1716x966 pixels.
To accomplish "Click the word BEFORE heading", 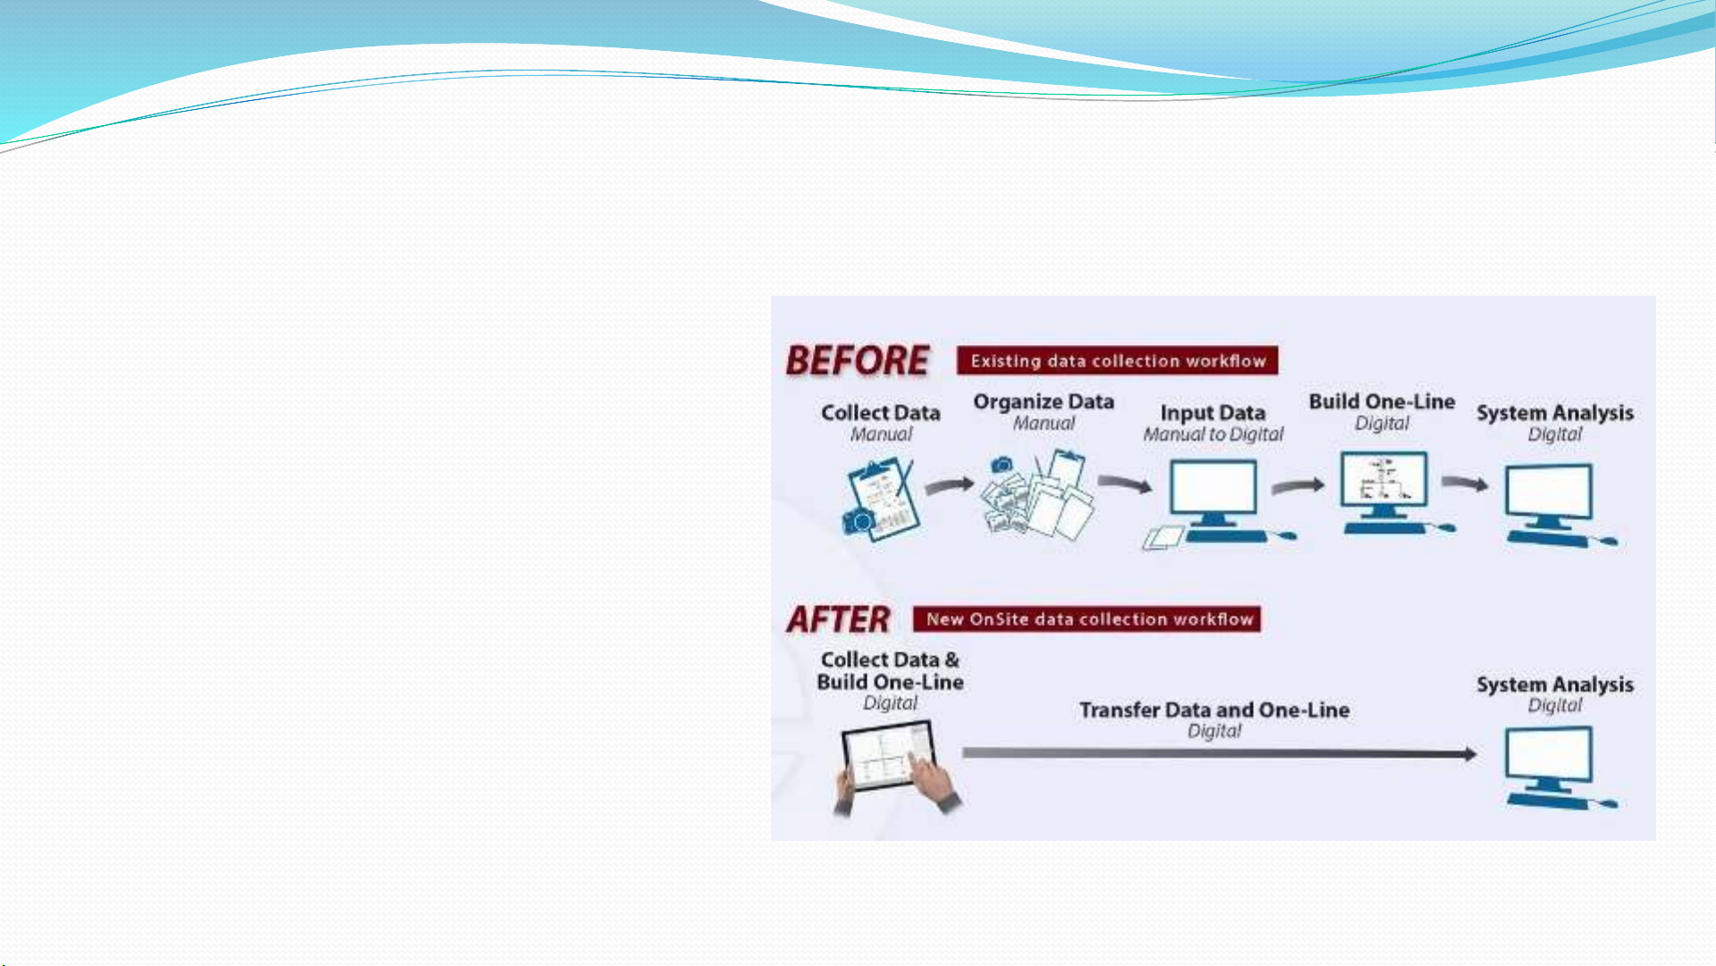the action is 858,361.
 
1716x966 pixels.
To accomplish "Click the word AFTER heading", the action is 838,619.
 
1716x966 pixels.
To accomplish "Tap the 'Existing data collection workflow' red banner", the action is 1117,361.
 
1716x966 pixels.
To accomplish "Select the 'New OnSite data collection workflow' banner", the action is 1087,619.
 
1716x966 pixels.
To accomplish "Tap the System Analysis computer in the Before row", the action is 1556,505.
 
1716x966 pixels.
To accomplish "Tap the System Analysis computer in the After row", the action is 1556,768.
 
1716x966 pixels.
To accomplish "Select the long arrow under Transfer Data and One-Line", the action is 1219,754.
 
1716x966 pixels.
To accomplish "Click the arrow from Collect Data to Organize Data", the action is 950,485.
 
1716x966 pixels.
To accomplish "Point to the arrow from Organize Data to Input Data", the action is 1125,483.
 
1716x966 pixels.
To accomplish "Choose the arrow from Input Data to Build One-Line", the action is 1298,485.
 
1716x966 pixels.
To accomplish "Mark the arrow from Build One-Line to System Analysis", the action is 1465,483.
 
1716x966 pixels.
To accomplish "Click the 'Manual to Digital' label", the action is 1213,434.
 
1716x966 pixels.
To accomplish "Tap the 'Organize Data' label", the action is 1043,402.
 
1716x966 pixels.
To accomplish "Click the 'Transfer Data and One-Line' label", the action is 1214,710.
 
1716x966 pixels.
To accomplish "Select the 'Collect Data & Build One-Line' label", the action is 890,670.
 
